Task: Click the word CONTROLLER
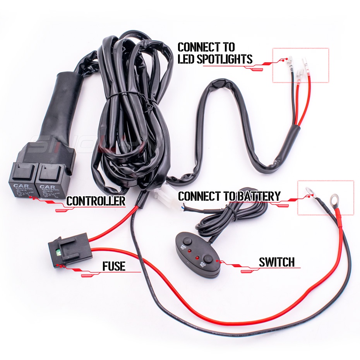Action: click(x=96, y=201)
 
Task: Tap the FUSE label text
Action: click(x=114, y=266)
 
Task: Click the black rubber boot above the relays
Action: click(x=62, y=105)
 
